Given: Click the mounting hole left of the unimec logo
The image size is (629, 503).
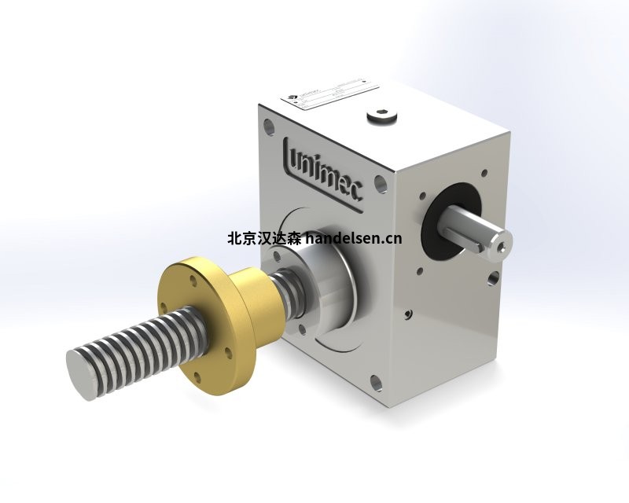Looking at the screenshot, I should [x=269, y=124].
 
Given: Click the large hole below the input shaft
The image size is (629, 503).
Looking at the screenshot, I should [x=492, y=278].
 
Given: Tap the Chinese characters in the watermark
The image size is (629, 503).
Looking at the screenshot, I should [x=263, y=237].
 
